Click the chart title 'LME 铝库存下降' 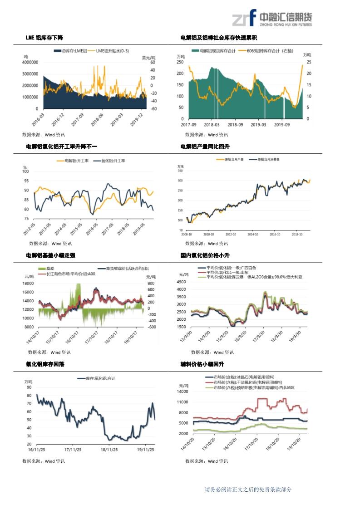coord(44,38)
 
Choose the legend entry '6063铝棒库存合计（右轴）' coord(267,51)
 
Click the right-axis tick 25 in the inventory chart coord(309,62)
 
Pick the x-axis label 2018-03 coord(211,124)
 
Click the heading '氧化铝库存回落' coord(45,364)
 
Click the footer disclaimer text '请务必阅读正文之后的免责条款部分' coord(248,489)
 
